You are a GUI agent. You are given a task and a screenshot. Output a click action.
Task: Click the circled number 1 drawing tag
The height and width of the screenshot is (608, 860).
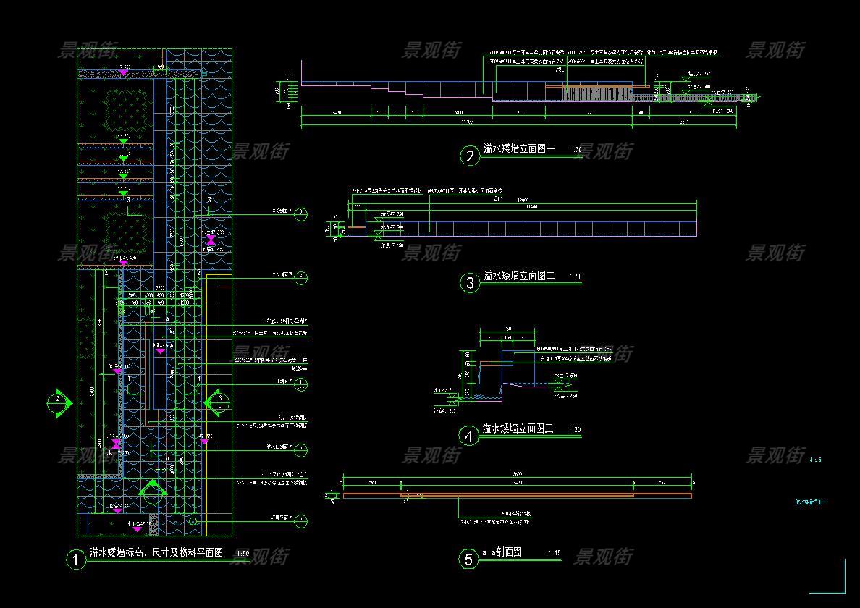click(x=75, y=560)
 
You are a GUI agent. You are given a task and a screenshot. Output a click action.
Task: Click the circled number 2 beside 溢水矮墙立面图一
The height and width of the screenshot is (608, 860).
click(x=470, y=156)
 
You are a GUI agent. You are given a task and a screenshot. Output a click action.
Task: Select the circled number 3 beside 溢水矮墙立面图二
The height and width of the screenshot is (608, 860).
click(x=470, y=282)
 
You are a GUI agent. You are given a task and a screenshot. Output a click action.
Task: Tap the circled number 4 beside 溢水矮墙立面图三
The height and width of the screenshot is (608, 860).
click(x=470, y=436)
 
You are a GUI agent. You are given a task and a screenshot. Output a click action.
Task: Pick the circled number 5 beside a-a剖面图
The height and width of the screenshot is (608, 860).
click(x=469, y=559)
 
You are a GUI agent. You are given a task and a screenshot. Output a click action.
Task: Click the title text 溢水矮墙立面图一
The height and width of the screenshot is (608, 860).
click(x=519, y=150)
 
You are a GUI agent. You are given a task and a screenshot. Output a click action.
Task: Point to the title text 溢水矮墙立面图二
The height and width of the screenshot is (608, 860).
click(x=519, y=276)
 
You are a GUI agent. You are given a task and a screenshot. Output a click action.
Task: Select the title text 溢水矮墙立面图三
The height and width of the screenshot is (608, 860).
click(x=518, y=429)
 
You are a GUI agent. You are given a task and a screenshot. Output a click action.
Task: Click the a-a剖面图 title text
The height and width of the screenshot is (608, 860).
click(x=502, y=553)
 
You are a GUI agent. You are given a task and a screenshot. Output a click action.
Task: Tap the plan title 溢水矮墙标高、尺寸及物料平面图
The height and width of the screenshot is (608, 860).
click(x=156, y=553)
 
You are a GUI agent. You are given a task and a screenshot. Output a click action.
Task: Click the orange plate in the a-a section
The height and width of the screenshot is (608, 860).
click(x=518, y=496)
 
